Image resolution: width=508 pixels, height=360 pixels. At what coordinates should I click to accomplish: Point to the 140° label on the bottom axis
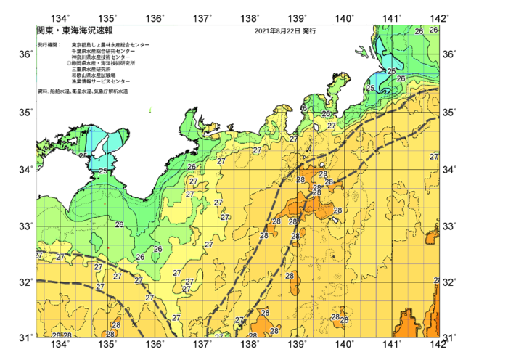(345, 343)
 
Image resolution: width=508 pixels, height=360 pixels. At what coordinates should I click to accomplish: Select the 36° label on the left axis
(24, 55)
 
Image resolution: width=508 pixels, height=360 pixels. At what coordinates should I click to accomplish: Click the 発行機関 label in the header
(49, 45)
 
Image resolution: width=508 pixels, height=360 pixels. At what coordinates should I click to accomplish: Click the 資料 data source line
(87, 91)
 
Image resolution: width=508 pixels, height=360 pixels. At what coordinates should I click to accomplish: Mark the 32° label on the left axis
(24, 282)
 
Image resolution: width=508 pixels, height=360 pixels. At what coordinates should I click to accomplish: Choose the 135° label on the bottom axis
(109, 343)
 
